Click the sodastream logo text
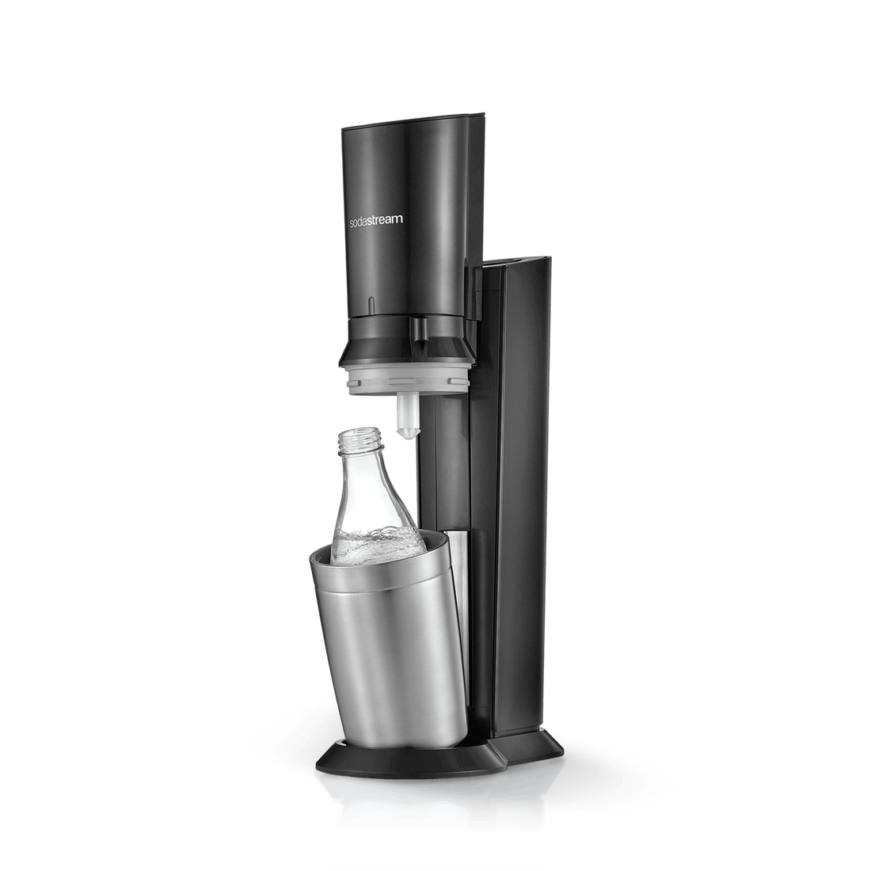[x=376, y=220]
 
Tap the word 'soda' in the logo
[x=361, y=221]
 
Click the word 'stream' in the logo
[x=388, y=220]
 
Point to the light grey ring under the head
[x=409, y=379]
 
